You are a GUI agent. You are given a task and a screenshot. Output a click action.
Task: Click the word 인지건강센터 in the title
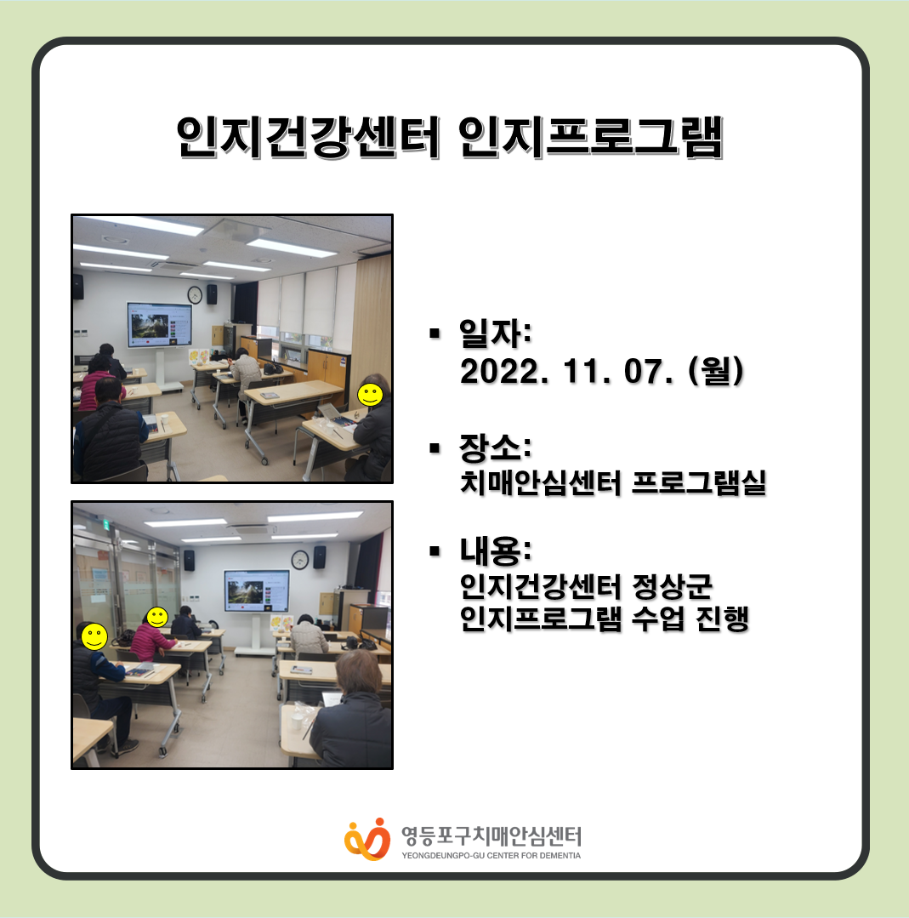[308, 137]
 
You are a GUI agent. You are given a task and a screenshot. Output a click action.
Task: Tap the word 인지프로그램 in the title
[591, 137]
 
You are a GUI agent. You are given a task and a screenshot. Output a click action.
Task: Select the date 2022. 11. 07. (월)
[602, 371]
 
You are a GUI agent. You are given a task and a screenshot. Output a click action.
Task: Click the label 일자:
[495, 334]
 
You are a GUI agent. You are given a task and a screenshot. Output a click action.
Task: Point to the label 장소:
[495, 448]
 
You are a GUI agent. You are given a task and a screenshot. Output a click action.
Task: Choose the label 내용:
[495, 551]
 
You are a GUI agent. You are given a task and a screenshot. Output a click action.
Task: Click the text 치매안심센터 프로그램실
[613, 483]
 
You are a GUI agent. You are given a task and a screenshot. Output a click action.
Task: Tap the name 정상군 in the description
[672, 586]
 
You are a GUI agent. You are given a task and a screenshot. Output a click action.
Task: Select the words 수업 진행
[690, 619]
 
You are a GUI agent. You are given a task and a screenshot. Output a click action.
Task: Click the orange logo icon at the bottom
[367, 839]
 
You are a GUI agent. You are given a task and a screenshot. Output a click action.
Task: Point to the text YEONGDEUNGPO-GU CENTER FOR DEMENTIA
[491, 855]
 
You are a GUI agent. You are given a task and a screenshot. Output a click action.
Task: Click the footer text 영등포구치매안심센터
[491, 836]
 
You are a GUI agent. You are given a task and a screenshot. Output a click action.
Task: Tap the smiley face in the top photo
[370, 395]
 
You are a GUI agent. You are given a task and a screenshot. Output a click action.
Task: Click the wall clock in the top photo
[195, 294]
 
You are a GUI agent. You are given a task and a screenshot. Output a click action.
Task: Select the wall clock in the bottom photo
[299, 560]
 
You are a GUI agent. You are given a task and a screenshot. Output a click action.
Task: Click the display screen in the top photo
[160, 325]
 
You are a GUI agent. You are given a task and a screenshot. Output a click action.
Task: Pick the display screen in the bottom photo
[257, 591]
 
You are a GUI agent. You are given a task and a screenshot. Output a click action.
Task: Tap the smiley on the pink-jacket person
[156, 617]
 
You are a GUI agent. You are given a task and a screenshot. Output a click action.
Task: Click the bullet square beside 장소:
[435, 448]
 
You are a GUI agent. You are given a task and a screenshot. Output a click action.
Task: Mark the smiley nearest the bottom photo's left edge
[94, 636]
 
